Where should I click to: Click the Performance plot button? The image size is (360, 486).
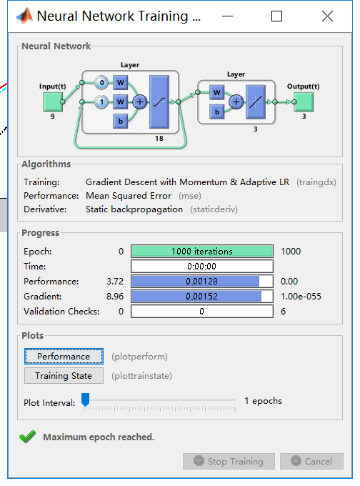[x=64, y=356]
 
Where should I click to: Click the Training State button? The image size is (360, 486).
[x=64, y=375]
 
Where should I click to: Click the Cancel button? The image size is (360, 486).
[x=311, y=461]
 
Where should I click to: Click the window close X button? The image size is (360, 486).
[x=327, y=16]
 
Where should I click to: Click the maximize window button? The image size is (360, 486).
[x=277, y=16]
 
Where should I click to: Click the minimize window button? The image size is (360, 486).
[x=227, y=16]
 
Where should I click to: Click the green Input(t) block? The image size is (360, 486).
[x=52, y=101]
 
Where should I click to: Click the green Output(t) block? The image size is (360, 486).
[x=303, y=101]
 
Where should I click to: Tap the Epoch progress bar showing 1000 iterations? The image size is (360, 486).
[x=201, y=252]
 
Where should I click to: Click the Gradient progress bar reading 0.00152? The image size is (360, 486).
[x=201, y=297]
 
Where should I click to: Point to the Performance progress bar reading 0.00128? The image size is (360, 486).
[x=201, y=282]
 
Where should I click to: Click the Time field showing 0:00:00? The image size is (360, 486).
[x=201, y=267]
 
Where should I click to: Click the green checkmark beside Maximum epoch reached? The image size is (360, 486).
[x=27, y=437]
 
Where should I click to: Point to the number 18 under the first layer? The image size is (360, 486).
[x=159, y=139]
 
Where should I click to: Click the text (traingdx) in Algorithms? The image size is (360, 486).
[x=316, y=182]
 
